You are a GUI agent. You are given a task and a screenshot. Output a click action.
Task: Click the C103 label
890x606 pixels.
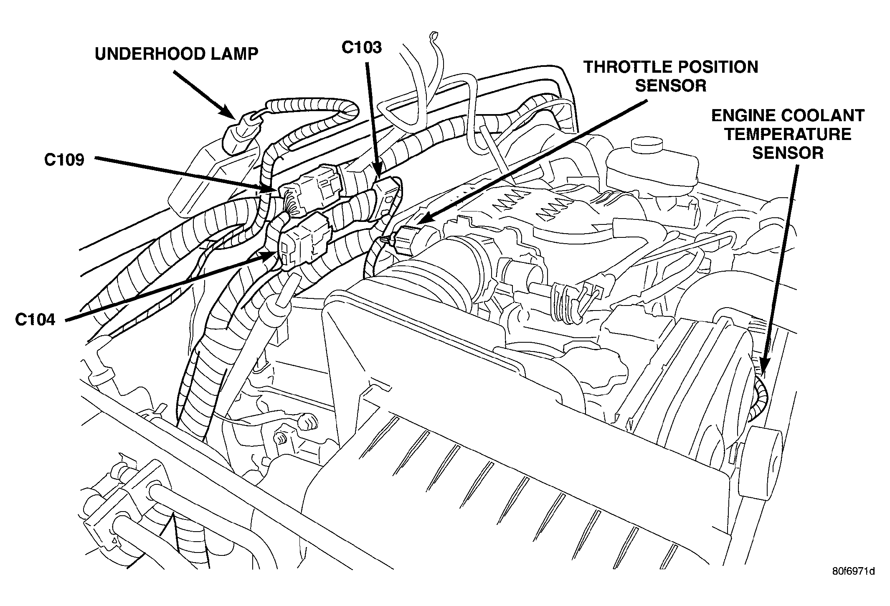361,48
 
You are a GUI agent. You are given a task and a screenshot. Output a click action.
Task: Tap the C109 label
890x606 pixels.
64,160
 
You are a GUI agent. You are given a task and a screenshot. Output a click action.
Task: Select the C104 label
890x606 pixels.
35,320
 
